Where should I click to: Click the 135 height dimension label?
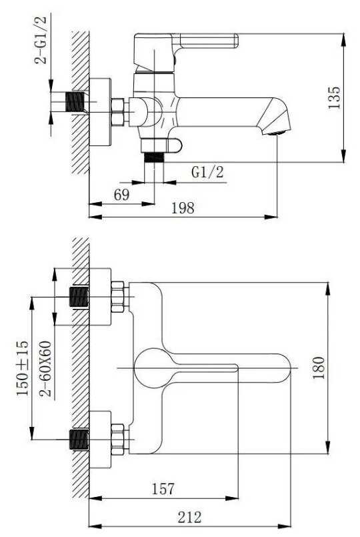[335, 97]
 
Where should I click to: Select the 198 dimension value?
[183, 208]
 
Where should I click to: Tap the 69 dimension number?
[122, 195]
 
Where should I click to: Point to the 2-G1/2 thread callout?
[41, 39]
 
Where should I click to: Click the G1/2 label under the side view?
[207, 171]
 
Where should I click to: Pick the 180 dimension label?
[319, 368]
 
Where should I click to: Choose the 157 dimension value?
[163, 488]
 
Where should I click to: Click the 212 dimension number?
[189, 517]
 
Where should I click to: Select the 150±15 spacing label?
[23, 368]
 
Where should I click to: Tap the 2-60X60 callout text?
[45, 369]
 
